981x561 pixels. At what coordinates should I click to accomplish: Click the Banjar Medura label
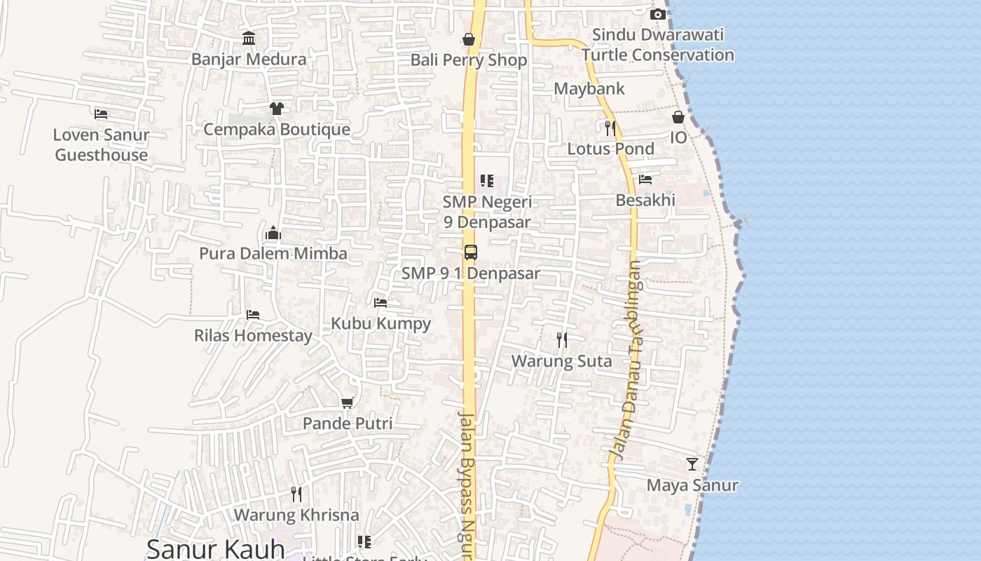click(249, 60)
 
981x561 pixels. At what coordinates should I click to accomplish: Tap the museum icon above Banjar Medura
click(249, 38)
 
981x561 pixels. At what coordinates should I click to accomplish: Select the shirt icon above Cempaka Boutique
click(277, 108)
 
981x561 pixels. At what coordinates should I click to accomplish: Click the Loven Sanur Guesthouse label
click(102, 145)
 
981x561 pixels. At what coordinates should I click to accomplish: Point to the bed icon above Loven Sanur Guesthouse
click(102, 114)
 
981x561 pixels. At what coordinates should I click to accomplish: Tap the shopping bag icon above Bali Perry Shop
click(469, 39)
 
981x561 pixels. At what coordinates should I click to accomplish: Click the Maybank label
click(589, 89)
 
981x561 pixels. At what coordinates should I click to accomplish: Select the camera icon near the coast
click(657, 14)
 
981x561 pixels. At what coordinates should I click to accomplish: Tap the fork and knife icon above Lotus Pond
click(610, 128)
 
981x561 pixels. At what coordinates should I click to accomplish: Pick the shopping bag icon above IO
click(678, 117)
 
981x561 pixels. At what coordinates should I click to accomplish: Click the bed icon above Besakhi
click(645, 180)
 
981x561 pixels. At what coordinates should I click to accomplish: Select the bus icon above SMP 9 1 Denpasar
click(471, 252)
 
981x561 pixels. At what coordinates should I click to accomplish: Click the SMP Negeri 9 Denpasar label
click(487, 212)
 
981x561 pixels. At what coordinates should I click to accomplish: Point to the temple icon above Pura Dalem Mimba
click(273, 233)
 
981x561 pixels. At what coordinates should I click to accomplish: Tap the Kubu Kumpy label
click(380, 323)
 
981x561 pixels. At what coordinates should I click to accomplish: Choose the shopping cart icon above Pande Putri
click(347, 403)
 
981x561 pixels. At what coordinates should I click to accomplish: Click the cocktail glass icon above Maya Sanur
click(692, 464)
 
